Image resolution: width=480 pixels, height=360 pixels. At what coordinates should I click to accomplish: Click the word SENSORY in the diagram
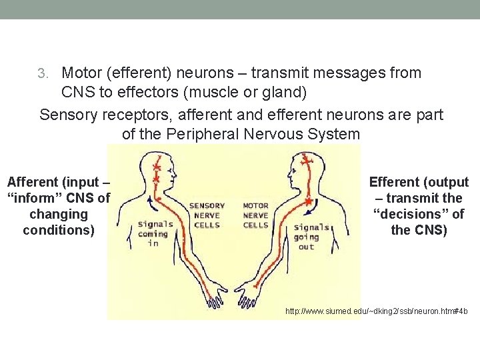coord(207,206)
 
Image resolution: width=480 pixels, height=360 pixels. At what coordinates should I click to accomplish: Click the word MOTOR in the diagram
coord(255,206)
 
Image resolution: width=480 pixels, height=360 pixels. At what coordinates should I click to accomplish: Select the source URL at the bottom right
coord(376,311)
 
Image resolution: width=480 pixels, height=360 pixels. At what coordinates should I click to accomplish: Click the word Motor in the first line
coord(81,73)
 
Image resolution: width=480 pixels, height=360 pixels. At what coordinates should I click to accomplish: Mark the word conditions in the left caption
coord(59,230)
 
